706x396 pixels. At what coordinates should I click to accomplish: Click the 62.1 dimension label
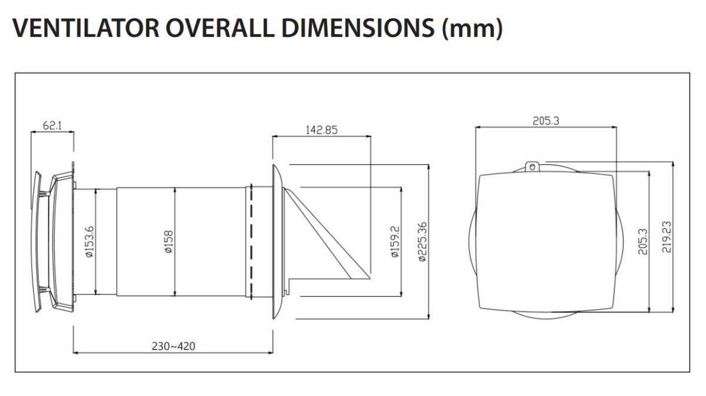pyautogui.click(x=52, y=126)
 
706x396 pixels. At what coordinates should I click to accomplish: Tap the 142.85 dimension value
pyautogui.click(x=321, y=130)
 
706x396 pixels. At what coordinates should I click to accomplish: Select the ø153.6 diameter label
pyautogui.click(x=90, y=242)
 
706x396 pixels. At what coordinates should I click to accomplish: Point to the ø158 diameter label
pyautogui.click(x=169, y=242)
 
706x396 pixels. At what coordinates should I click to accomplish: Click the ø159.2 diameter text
pyautogui.click(x=395, y=242)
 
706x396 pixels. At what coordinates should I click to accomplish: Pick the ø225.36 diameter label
pyautogui.click(x=422, y=242)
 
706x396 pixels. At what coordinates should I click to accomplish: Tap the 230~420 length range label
pyautogui.click(x=174, y=346)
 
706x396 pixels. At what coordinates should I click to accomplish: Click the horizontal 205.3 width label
pyautogui.click(x=546, y=121)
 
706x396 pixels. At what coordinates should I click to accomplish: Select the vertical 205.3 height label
pyautogui.click(x=642, y=242)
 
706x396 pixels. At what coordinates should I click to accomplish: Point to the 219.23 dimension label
pyautogui.click(x=667, y=237)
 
